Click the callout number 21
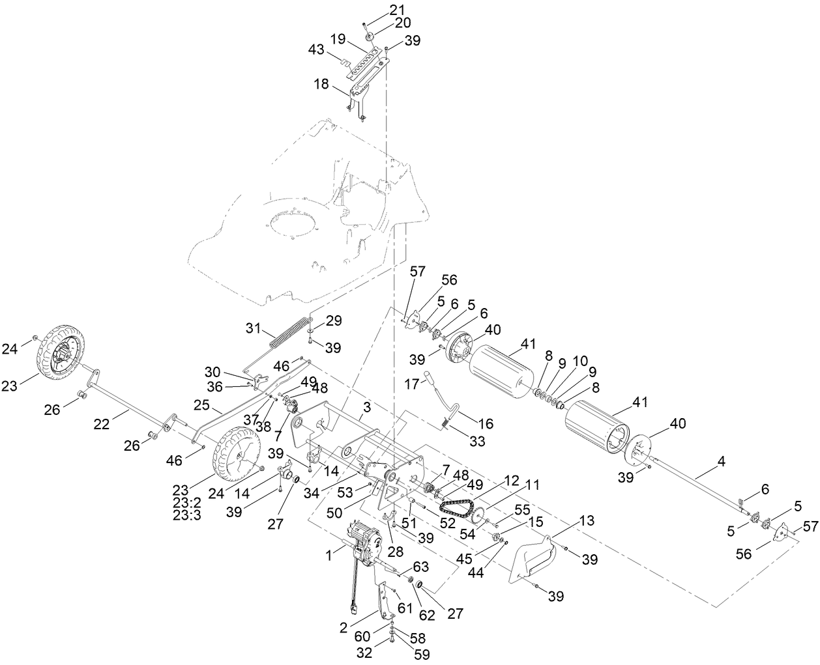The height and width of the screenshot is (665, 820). pyautogui.click(x=397, y=9)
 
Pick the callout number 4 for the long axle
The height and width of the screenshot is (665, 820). pyautogui.click(x=721, y=462)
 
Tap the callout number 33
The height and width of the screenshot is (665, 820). pyautogui.click(x=478, y=441)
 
